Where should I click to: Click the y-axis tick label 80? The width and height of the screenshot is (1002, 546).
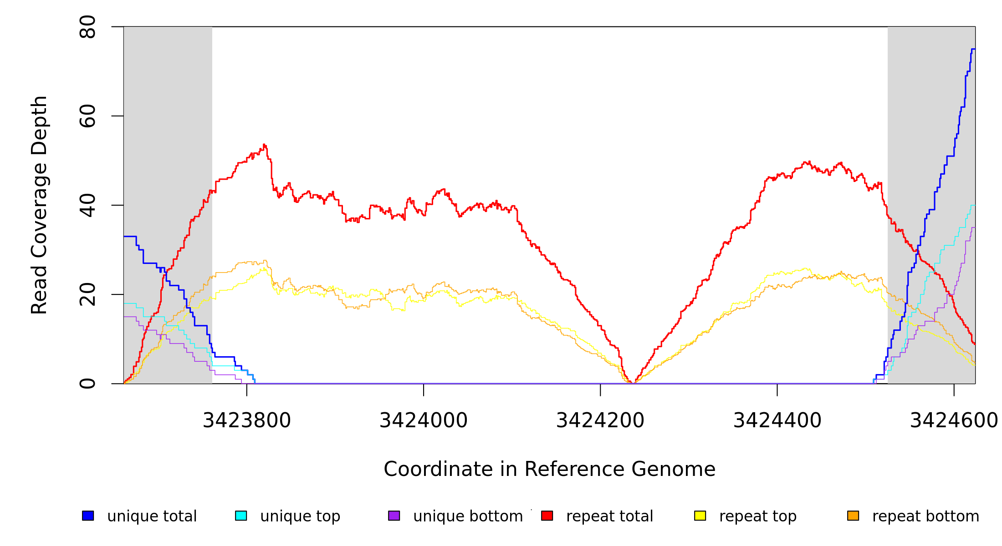[x=87, y=27]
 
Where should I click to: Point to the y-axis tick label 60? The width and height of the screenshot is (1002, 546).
[x=87, y=116]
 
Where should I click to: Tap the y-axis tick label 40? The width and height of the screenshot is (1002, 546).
[x=87, y=205]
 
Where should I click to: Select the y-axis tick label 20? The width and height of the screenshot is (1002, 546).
[x=87, y=294]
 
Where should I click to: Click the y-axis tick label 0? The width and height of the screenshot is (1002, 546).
[x=87, y=384]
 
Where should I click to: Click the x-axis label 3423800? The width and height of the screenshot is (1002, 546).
[x=246, y=421]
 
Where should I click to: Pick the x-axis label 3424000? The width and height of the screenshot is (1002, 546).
[x=424, y=421]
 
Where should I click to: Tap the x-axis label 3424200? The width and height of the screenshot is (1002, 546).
[x=600, y=421]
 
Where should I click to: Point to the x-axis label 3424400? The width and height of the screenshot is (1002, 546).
[x=777, y=421]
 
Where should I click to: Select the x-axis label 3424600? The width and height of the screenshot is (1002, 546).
[x=954, y=421]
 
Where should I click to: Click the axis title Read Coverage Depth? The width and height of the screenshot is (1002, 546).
[x=39, y=205]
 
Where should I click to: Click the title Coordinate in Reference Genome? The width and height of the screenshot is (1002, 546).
[x=549, y=469]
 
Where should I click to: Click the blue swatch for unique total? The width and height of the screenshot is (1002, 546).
[x=88, y=516]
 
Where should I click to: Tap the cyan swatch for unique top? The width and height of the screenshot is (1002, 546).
[x=241, y=516]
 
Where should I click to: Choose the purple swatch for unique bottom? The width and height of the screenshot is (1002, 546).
[x=394, y=516]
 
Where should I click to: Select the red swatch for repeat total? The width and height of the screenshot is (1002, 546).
[x=547, y=516]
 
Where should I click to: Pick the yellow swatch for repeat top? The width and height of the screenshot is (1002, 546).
[x=700, y=516]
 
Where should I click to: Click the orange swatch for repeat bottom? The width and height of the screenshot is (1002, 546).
[x=853, y=516]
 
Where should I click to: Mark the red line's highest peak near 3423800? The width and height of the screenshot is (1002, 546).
[x=264, y=145]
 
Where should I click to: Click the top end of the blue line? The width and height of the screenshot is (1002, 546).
[x=973, y=49]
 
